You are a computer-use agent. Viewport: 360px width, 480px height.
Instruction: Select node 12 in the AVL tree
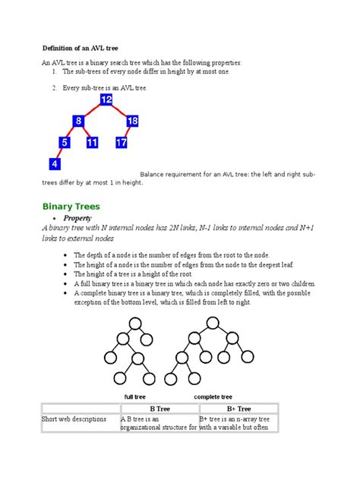(106, 100)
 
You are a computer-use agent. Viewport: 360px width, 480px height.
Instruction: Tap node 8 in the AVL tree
(78, 122)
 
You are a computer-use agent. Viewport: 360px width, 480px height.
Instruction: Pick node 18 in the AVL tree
(133, 122)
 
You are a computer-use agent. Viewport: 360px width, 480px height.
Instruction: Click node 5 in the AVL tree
(65, 142)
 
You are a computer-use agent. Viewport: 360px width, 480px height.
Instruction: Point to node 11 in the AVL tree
(92, 142)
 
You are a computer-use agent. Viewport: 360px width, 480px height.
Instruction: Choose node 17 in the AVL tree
(122, 142)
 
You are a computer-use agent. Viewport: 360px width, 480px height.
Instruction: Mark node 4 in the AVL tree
(54, 163)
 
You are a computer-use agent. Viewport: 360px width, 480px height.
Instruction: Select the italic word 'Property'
(80, 217)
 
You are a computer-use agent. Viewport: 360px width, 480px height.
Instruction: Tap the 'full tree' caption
(136, 396)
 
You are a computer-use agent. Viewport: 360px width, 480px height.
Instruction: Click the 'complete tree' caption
(213, 396)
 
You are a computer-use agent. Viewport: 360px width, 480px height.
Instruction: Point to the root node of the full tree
(136, 324)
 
